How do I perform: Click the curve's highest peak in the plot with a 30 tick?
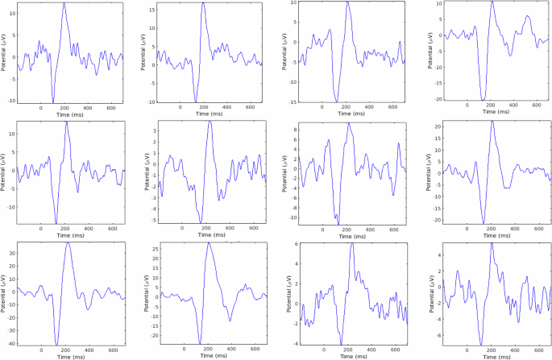click(68, 242)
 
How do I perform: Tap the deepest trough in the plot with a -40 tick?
click(56, 345)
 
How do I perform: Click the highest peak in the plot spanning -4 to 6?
click(351, 242)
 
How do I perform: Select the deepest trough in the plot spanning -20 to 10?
click(482, 101)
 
